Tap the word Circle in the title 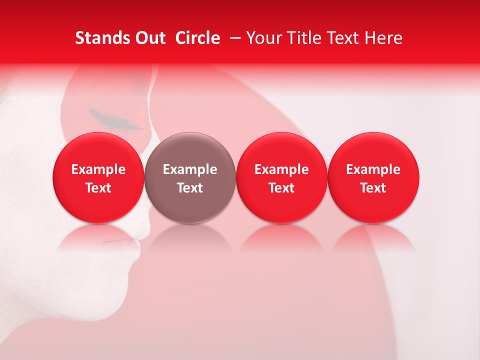click(197, 38)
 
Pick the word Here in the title click(383, 38)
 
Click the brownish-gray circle click(190, 177)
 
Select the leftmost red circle click(98, 177)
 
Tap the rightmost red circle click(373, 177)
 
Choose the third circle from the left click(281, 177)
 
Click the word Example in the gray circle click(190, 169)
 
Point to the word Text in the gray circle click(190, 188)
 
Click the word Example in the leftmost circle click(98, 169)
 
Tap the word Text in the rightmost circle click(373, 188)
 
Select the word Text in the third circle click(281, 188)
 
